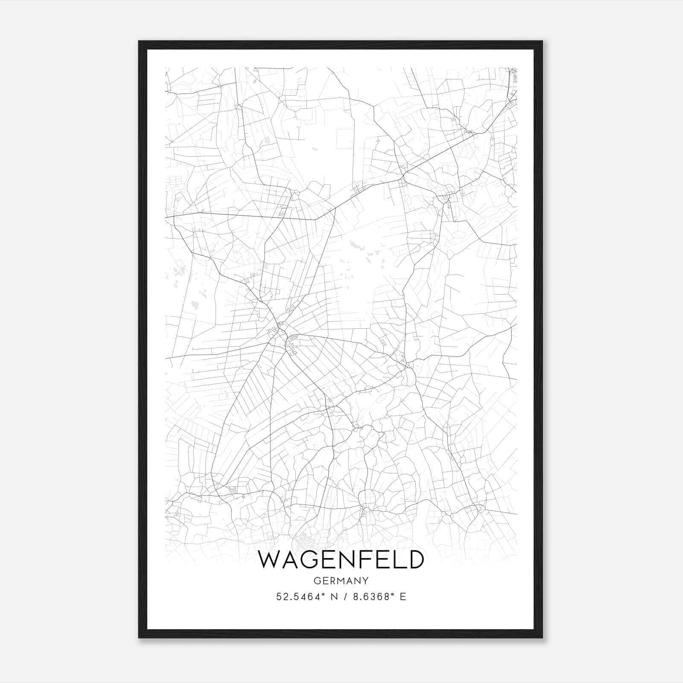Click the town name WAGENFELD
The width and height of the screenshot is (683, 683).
pyautogui.click(x=341, y=560)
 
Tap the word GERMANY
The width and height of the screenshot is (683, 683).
pyautogui.click(x=341, y=581)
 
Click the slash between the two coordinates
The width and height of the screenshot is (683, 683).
pyautogui.click(x=346, y=597)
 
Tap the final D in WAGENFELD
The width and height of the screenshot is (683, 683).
pyautogui.click(x=415, y=560)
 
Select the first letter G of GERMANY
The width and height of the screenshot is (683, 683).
pyautogui.click(x=317, y=581)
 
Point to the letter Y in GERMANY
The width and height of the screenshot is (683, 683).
pyautogui.click(x=365, y=581)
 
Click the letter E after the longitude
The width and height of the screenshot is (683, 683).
pyautogui.click(x=403, y=597)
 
